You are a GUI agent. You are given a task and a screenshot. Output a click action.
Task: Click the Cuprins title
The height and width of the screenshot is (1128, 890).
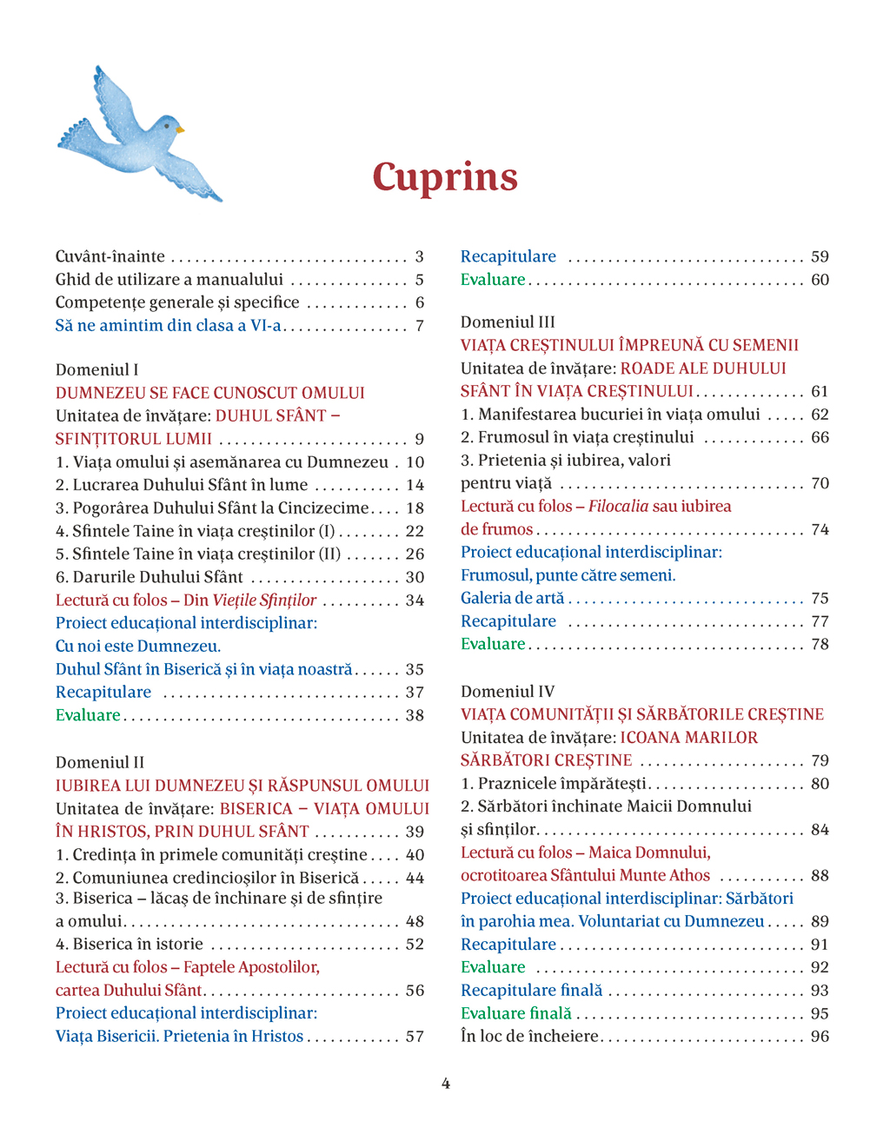point(445,176)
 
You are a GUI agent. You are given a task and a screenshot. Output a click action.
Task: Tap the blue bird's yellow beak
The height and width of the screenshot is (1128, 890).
point(181,129)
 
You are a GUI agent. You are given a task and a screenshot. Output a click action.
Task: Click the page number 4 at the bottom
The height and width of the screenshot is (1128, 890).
point(446,1084)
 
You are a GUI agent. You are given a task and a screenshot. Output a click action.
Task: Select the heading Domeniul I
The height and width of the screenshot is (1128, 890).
point(96,369)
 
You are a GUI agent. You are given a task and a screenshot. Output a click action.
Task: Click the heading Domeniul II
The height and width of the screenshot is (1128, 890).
point(99,762)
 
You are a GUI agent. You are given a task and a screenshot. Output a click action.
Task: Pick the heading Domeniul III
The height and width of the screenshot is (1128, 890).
point(508,322)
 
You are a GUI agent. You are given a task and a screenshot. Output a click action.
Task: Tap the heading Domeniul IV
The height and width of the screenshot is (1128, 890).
point(508,691)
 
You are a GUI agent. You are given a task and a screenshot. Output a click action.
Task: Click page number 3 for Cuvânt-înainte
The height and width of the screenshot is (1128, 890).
point(419,256)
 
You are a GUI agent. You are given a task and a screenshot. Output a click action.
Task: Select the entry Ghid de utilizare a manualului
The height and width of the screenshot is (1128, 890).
point(169,279)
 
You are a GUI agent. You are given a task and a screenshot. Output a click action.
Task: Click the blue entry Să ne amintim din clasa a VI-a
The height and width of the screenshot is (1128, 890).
point(169,325)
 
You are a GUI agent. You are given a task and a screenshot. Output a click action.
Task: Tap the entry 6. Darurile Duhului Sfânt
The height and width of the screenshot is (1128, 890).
point(149,577)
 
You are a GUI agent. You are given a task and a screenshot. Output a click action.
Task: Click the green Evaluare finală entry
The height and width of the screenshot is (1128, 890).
point(516,1013)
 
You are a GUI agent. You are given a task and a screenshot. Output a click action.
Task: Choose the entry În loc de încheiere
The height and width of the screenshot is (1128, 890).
point(530,1036)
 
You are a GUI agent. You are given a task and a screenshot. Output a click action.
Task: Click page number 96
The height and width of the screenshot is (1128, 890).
point(820,1036)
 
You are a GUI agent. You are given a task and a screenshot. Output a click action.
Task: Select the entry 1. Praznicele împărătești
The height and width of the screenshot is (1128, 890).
point(554,783)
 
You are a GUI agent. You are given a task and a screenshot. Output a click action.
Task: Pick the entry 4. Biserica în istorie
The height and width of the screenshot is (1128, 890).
point(130,944)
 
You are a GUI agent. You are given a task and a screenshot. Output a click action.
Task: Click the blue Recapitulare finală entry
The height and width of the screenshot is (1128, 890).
point(531,990)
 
